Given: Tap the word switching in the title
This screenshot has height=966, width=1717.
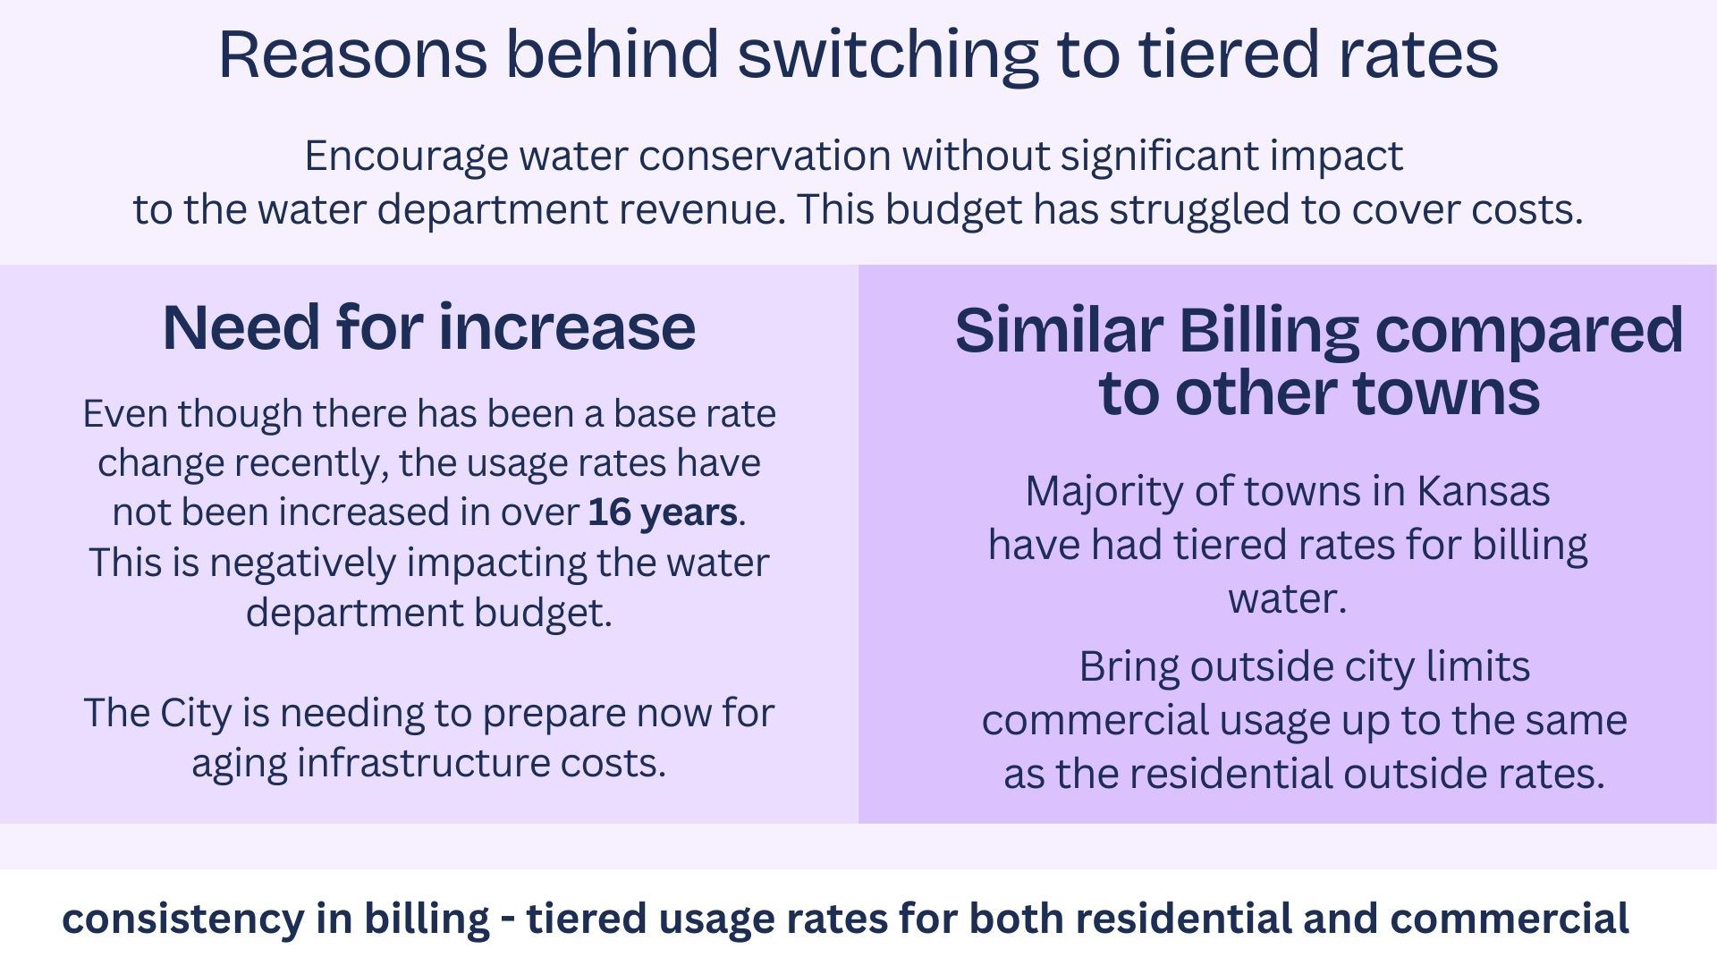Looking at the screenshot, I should coord(887,55).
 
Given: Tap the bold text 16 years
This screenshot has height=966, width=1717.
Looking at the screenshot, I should coord(663,513).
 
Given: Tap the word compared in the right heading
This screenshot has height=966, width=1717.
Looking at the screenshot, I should coord(1528,332).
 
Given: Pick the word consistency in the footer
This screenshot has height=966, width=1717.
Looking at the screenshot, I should coord(182,919).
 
